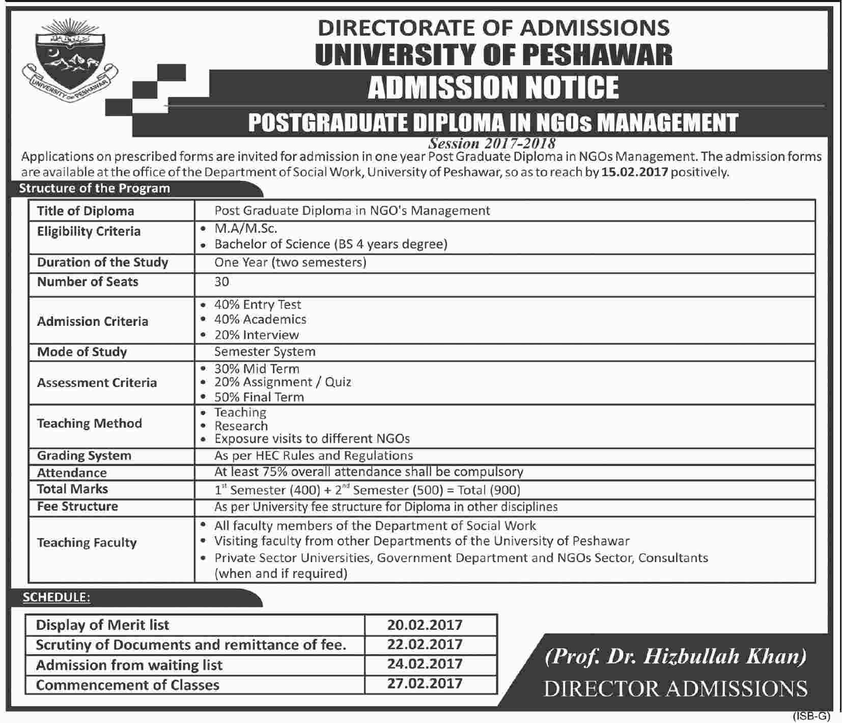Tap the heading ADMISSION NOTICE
point(493,87)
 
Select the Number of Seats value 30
point(222,282)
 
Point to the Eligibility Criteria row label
point(89,232)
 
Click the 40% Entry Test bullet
point(257,304)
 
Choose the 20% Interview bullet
point(256,335)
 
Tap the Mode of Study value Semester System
point(265,352)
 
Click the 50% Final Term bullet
point(259,397)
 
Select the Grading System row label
point(84,456)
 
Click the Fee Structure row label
point(77,507)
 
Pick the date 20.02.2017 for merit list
point(425,625)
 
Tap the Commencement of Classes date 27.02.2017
point(425,683)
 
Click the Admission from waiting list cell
point(129,665)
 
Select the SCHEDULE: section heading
point(56,597)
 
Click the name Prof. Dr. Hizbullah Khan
point(676,656)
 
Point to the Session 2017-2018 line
point(492,143)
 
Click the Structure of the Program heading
point(94,188)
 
